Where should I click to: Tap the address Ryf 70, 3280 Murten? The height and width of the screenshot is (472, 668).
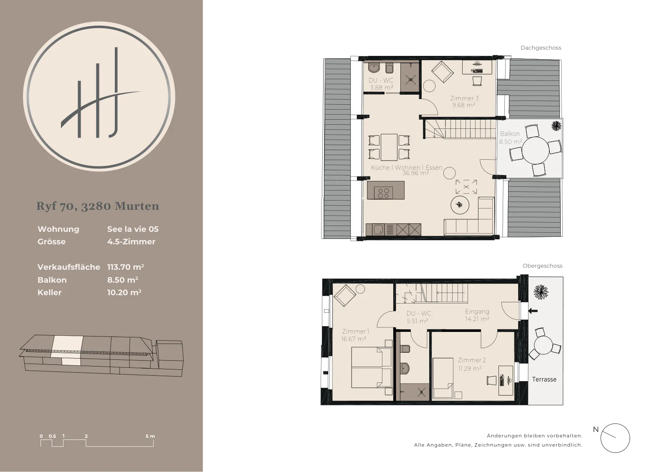pos(98,206)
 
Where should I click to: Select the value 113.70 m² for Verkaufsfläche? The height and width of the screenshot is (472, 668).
pos(126,267)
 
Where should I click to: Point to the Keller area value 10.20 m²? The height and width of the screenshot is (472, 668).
pos(124,292)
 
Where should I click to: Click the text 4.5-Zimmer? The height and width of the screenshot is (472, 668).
pos(131,241)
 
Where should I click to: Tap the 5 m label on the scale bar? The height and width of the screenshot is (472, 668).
pos(150,436)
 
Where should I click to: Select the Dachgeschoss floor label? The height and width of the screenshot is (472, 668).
pos(541,48)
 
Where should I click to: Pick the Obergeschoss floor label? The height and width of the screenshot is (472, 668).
pos(542,266)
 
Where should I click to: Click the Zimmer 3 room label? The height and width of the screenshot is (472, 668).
pos(464,98)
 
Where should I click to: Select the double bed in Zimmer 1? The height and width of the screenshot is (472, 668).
pos(372,368)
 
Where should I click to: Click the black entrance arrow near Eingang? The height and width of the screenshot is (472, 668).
pos(533,311)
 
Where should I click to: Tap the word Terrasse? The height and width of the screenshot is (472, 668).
pos(544,379)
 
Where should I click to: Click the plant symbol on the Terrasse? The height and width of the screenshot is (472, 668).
pos(541,292)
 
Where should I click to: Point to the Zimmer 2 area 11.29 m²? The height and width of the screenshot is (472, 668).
pos(470,369)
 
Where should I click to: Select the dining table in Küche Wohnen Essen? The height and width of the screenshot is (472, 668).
pos(389,147)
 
